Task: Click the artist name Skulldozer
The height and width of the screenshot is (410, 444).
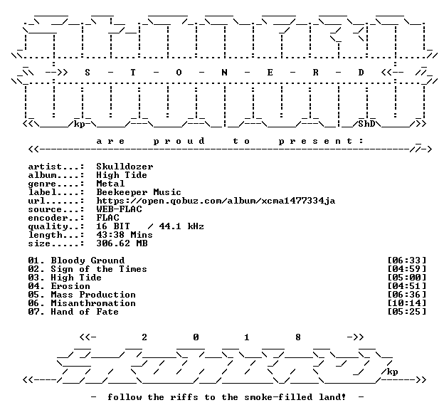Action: (x=125, y=167)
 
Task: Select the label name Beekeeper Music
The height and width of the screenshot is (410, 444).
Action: (x=139, y=192)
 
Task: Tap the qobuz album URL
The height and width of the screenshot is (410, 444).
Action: (x=216, y=201)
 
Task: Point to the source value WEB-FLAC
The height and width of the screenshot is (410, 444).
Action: (x=120, y=209)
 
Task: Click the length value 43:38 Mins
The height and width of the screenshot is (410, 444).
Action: (x=125, y=235)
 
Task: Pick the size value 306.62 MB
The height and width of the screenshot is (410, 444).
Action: (x=122, y=243)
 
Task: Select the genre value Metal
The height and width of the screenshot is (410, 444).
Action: (x=110, y=184)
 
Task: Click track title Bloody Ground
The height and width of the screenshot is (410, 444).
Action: (x=88, y=261)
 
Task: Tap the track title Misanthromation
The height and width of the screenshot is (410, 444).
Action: (x=93, y=303)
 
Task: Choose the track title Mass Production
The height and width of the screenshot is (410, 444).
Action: (x=93, y=295)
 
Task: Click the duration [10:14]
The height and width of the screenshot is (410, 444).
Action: (x=407, y=303)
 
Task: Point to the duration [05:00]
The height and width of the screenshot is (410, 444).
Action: (x=407, y=278)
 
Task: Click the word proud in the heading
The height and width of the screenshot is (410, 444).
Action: (x=179, y=141)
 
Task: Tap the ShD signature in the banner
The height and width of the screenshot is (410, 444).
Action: (x=366, y=124)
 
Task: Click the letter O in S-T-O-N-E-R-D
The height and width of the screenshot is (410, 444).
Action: (x=179, y=73)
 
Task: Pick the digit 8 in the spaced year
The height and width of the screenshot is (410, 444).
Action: (x=298, y=337)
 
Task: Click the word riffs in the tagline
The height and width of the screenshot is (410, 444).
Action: (x=184, y=397)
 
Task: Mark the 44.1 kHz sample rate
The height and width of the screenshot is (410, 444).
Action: (x=181, y=226)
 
